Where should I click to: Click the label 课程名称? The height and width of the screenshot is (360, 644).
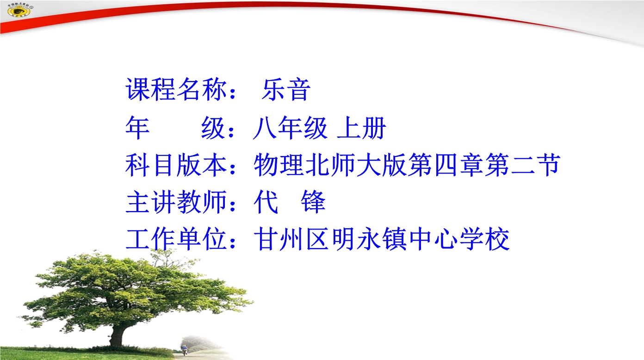click(176, 89)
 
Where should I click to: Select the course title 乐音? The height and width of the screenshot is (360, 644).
click(286, 89)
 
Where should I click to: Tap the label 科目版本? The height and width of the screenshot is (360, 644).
click(176, 165)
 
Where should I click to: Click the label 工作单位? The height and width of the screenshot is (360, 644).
click(176, 239)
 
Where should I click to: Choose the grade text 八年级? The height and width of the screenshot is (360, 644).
click(290, 128)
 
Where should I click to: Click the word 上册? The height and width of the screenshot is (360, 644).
click(361, 128)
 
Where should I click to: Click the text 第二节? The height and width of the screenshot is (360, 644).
click(522, 165)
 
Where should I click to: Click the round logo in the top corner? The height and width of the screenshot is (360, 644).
click(20, 10)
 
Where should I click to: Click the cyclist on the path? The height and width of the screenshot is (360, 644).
click(184, 350)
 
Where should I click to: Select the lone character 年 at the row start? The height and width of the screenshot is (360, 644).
click(138, 128)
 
